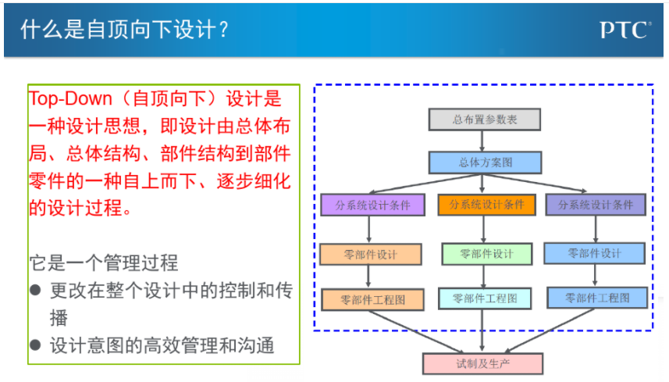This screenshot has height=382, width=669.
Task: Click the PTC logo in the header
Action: click(x=625, y=30)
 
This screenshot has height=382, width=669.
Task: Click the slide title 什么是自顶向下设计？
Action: click(x=125, y=30)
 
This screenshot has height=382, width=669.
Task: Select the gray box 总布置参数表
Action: click(x=485, y=120)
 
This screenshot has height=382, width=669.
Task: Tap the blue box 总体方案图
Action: click(x=485, y=162)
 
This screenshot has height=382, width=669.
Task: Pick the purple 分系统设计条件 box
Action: click(x=372, y=205)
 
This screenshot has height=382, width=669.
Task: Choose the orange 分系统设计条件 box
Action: click(x=486, y=205)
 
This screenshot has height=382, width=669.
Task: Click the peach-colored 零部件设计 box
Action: click(x=370, y=255)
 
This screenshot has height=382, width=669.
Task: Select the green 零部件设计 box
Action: click(x=487, y=254)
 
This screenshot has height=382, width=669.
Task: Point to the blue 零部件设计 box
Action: click(x=594, y=254)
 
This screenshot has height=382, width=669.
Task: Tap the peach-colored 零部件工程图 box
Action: click(x=372, y=300)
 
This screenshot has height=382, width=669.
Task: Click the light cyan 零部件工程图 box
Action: click(x=485, y=298)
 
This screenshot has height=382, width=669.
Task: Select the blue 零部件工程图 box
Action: click(x=597, y=298)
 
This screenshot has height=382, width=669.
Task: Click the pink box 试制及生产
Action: click(x=483, y=364)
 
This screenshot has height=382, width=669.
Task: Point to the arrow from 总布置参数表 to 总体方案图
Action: click(x=482, y=141)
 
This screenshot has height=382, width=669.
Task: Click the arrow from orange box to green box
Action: click(x=483, y=229)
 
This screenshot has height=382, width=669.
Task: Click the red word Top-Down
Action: click(x=70, y=98)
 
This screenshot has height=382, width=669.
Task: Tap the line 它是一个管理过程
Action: click(x=104, y=262)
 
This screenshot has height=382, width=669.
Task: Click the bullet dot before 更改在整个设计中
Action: click(x=35, y=291)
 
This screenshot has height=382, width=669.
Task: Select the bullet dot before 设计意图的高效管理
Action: click(x=35, y=345)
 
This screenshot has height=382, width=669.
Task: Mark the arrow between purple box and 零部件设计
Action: click(x=368, y=230)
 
